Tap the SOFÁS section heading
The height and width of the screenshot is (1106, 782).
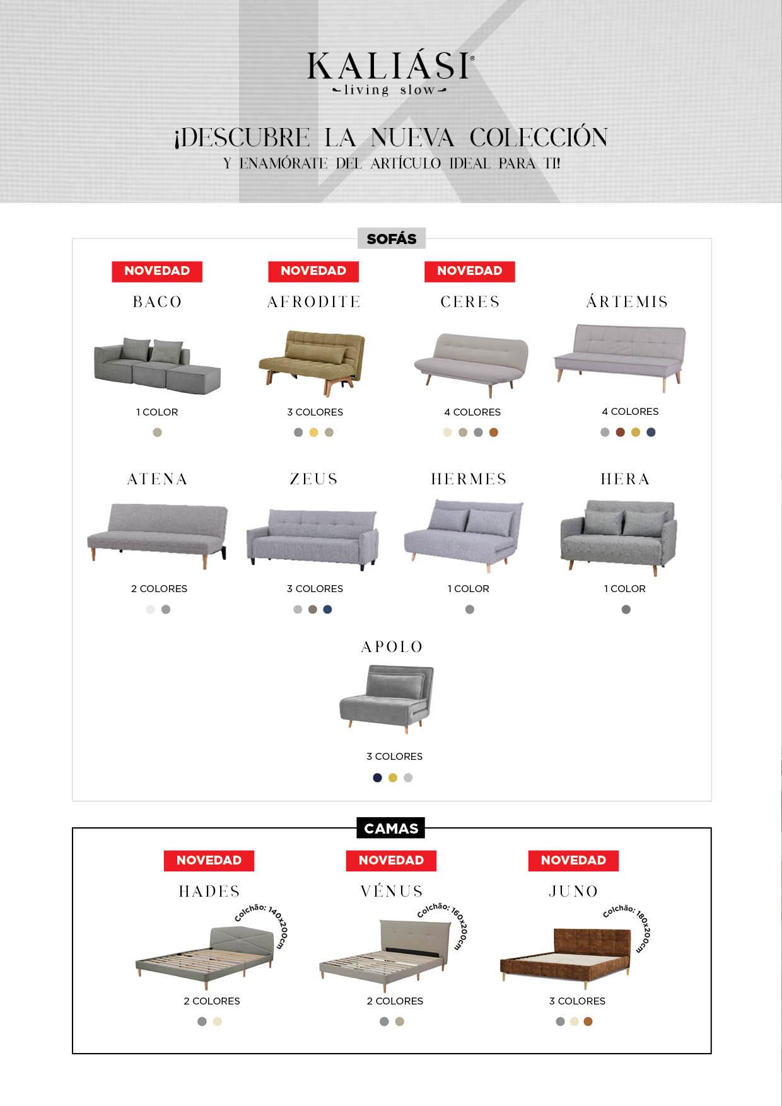[x=391, y=239]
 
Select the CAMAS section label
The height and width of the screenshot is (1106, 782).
[x=391, y=829]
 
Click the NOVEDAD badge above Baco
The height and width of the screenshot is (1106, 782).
[x=157, y=271]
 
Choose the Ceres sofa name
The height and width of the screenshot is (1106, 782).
[x=470, y=302]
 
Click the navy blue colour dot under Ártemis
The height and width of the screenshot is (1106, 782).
[x=651, y=433]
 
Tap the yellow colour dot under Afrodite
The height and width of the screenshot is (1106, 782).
[x=313, y=433]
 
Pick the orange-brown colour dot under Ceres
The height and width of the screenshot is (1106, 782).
[x=494, y=433]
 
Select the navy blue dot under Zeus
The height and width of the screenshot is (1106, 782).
[x=327, y=610]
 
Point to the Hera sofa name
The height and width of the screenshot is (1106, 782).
[x=625, y=479]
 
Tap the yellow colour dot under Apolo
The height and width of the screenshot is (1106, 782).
[x=393, y=778]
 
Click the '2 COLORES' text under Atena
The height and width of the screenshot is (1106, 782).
[x=159, y=589]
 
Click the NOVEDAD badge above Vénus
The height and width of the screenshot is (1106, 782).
[x=391, y=861]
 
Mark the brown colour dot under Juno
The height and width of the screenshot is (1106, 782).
[x=588, y=1022]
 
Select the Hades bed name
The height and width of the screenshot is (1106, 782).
[x=209, y=892]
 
